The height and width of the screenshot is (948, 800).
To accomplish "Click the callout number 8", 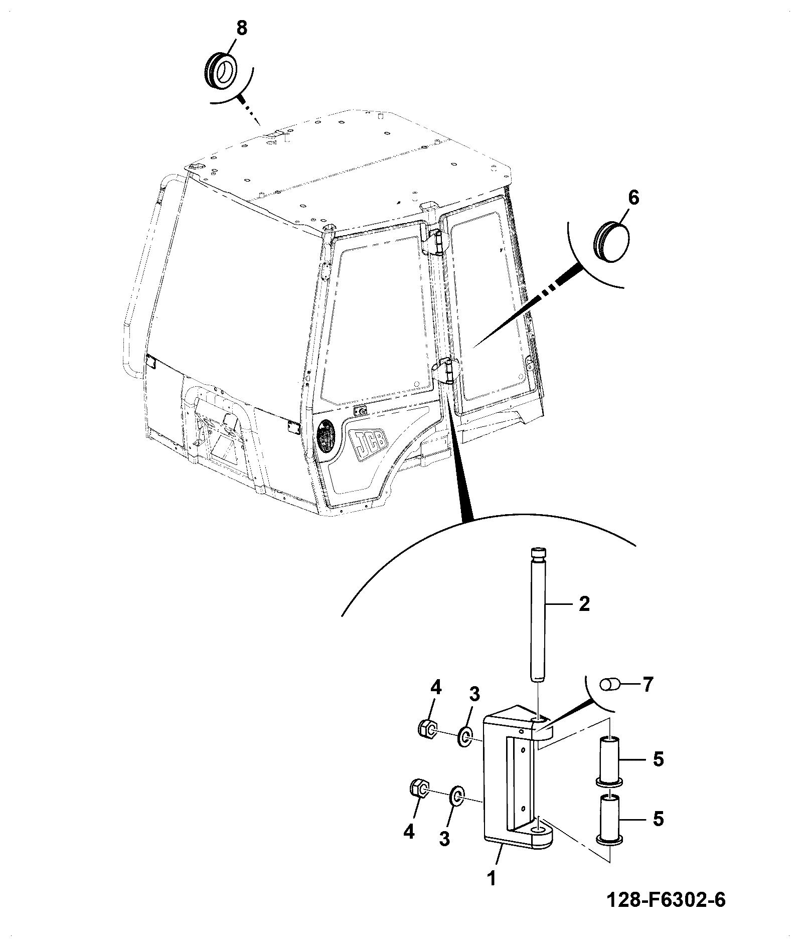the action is point(242,28).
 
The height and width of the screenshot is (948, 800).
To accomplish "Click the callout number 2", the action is point(584,604).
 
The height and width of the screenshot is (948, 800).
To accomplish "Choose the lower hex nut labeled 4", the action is point(419,789).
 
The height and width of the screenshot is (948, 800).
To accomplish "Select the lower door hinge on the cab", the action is point(444,371).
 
